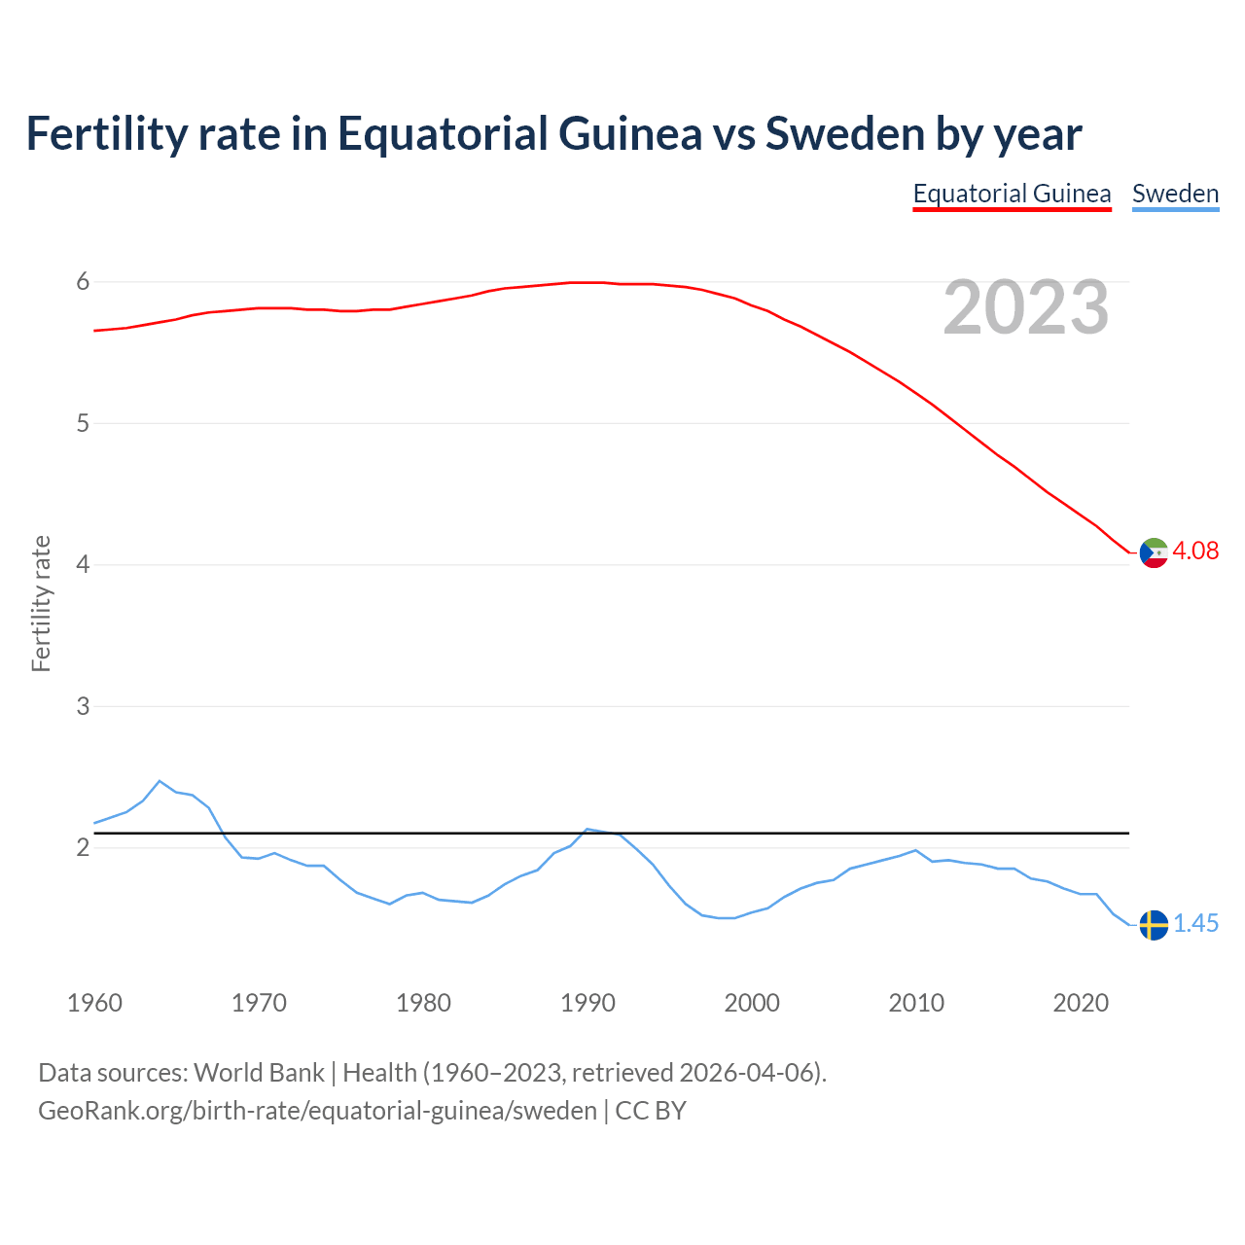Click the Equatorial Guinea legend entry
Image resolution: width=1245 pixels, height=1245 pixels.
coord(1012,194)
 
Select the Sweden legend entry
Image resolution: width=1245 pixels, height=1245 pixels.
coord(1175,194)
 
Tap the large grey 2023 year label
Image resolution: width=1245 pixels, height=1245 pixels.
coord(1026,307)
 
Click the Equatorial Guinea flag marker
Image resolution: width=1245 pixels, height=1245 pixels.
coord(1154,552)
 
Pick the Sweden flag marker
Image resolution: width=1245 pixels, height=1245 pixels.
coord(1154,925)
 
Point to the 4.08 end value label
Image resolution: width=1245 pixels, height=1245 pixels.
coord(1195,551)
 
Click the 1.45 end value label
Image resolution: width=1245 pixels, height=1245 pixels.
coord(1195,923)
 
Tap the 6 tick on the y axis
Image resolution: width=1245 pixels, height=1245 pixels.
coord(83,282)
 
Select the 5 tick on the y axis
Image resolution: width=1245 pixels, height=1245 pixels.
coord(83,423)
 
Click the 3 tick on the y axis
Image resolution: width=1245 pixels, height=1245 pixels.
coord(83,706)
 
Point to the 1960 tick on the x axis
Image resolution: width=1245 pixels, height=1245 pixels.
coord(94,1003)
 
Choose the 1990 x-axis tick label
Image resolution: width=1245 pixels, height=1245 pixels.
coord(587,1003)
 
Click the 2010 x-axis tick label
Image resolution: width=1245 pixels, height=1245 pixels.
coord(916,1003)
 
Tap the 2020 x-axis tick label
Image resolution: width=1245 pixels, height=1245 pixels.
coord(1081,1003)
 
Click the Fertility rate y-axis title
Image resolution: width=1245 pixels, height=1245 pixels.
coord(41,603)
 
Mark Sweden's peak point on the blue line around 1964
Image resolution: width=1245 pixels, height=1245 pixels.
coord(160,781)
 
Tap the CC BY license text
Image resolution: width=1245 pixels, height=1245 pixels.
coord(651,1111)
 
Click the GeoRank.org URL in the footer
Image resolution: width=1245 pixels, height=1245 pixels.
coord(317,1111)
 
